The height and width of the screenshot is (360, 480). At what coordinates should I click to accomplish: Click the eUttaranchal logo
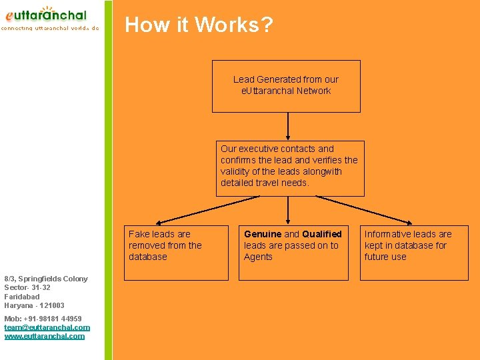click(x=47, y=15)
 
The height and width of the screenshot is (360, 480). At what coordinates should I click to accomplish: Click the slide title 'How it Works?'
click(x=199, y=25)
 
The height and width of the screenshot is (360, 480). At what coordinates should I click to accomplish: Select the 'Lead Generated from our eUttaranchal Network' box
click(x=286, y=86)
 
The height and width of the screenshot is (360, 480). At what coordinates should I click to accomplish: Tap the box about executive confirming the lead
click(x=290, y=168)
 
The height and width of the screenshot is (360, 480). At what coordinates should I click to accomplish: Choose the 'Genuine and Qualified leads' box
click(x=293, y=252)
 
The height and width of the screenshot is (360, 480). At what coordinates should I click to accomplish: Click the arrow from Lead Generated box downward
click(x=288, y=126)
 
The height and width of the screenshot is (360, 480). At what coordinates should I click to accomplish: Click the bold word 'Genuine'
click(x=263, y=234)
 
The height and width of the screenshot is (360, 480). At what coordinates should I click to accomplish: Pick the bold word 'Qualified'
click(x=322, y=234)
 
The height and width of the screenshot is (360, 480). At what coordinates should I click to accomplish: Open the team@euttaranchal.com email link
click(x=47, y=327)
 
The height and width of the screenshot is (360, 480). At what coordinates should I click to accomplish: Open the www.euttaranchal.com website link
click(x=45, y=336)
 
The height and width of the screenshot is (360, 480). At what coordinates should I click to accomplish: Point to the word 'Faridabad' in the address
click(x=22, y=297)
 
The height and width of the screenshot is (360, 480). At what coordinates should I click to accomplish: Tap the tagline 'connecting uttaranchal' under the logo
click(x=49, y=29)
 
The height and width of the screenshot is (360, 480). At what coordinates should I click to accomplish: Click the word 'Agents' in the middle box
click(x=258, y=257)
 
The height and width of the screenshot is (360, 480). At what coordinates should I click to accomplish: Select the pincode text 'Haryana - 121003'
click(x=34, y=305)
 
